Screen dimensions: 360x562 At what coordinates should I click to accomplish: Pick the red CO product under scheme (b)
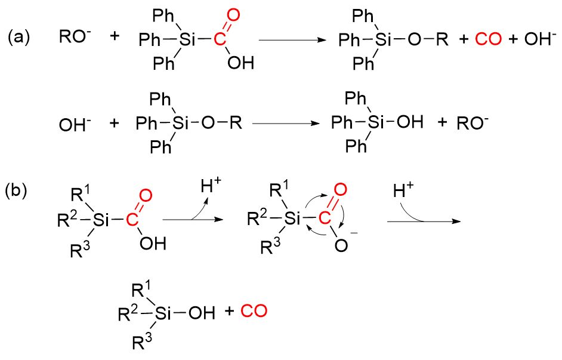coord(254,311)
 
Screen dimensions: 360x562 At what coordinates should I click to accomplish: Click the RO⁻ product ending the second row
coord(473,123)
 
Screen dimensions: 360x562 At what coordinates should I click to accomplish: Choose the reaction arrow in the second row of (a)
coord(286,124)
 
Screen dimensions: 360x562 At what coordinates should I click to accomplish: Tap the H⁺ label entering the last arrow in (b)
coord(404,192)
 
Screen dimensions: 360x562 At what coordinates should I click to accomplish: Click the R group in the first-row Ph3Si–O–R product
coord(441,40)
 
